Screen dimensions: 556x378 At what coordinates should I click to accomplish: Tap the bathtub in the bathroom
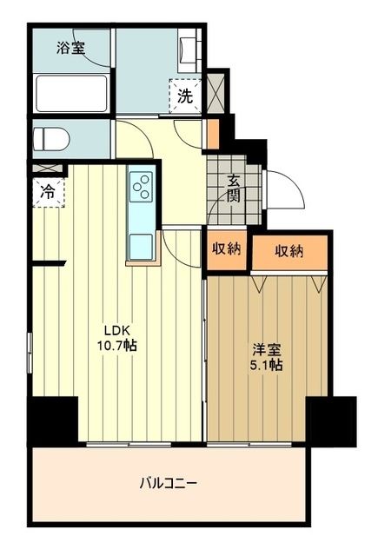coord(70,93)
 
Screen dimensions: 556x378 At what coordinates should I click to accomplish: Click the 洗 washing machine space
coord(185,96)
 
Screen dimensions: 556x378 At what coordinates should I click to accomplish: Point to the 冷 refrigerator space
coord(47,193)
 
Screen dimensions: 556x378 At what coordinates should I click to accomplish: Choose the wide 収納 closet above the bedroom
coord(289,252)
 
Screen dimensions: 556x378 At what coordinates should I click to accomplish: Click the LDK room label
coord(118,329)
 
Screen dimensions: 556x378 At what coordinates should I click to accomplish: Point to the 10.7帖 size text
coord(118,345)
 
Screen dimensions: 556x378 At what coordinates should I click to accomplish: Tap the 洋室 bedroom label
coord(267,349)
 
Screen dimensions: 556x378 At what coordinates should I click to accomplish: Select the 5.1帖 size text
coord(267,365)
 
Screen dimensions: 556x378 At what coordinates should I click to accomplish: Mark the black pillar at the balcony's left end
coord(52,420)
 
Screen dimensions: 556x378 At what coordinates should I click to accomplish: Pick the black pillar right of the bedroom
coord(333,420)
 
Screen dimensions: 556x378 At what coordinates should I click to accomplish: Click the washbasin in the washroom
coord(188,51)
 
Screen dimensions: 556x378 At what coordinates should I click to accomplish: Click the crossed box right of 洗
coord(215,89)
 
